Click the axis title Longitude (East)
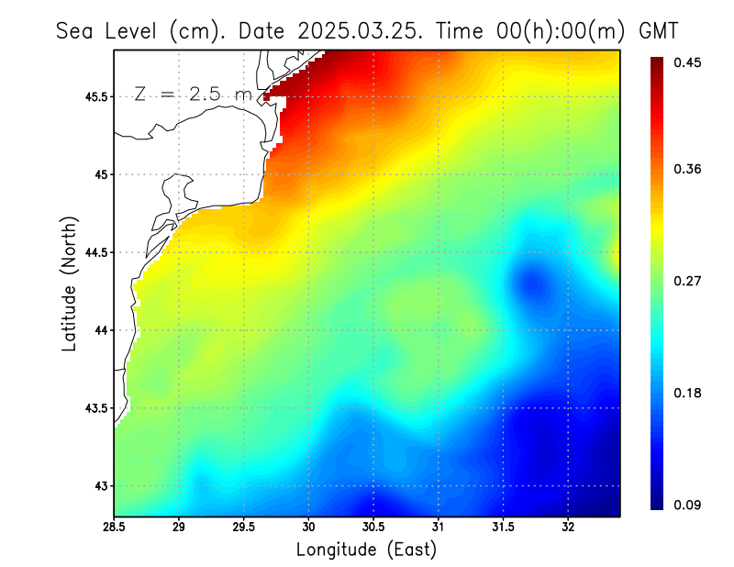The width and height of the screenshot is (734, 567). point(366,550)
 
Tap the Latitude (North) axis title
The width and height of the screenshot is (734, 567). point(69,283)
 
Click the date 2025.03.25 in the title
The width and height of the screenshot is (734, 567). point(357,30)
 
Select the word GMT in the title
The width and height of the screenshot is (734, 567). point(658,30)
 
